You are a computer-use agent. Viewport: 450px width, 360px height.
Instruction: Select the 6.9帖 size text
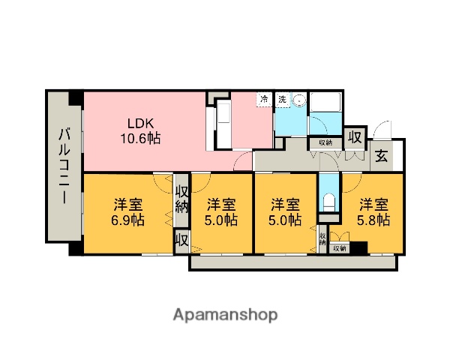129,220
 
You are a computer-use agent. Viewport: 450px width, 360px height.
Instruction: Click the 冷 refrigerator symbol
264,99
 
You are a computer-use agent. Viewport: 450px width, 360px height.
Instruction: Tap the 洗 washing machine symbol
283,99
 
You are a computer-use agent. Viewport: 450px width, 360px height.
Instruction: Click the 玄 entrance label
381,157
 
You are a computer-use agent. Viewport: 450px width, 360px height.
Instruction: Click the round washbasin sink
298,100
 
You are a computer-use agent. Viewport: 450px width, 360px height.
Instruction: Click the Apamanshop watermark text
225,314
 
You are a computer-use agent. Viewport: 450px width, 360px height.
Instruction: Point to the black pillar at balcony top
75,97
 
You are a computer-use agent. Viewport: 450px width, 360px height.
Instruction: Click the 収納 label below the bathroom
325,142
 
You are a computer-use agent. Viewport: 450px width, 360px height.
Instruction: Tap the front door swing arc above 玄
383,128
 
